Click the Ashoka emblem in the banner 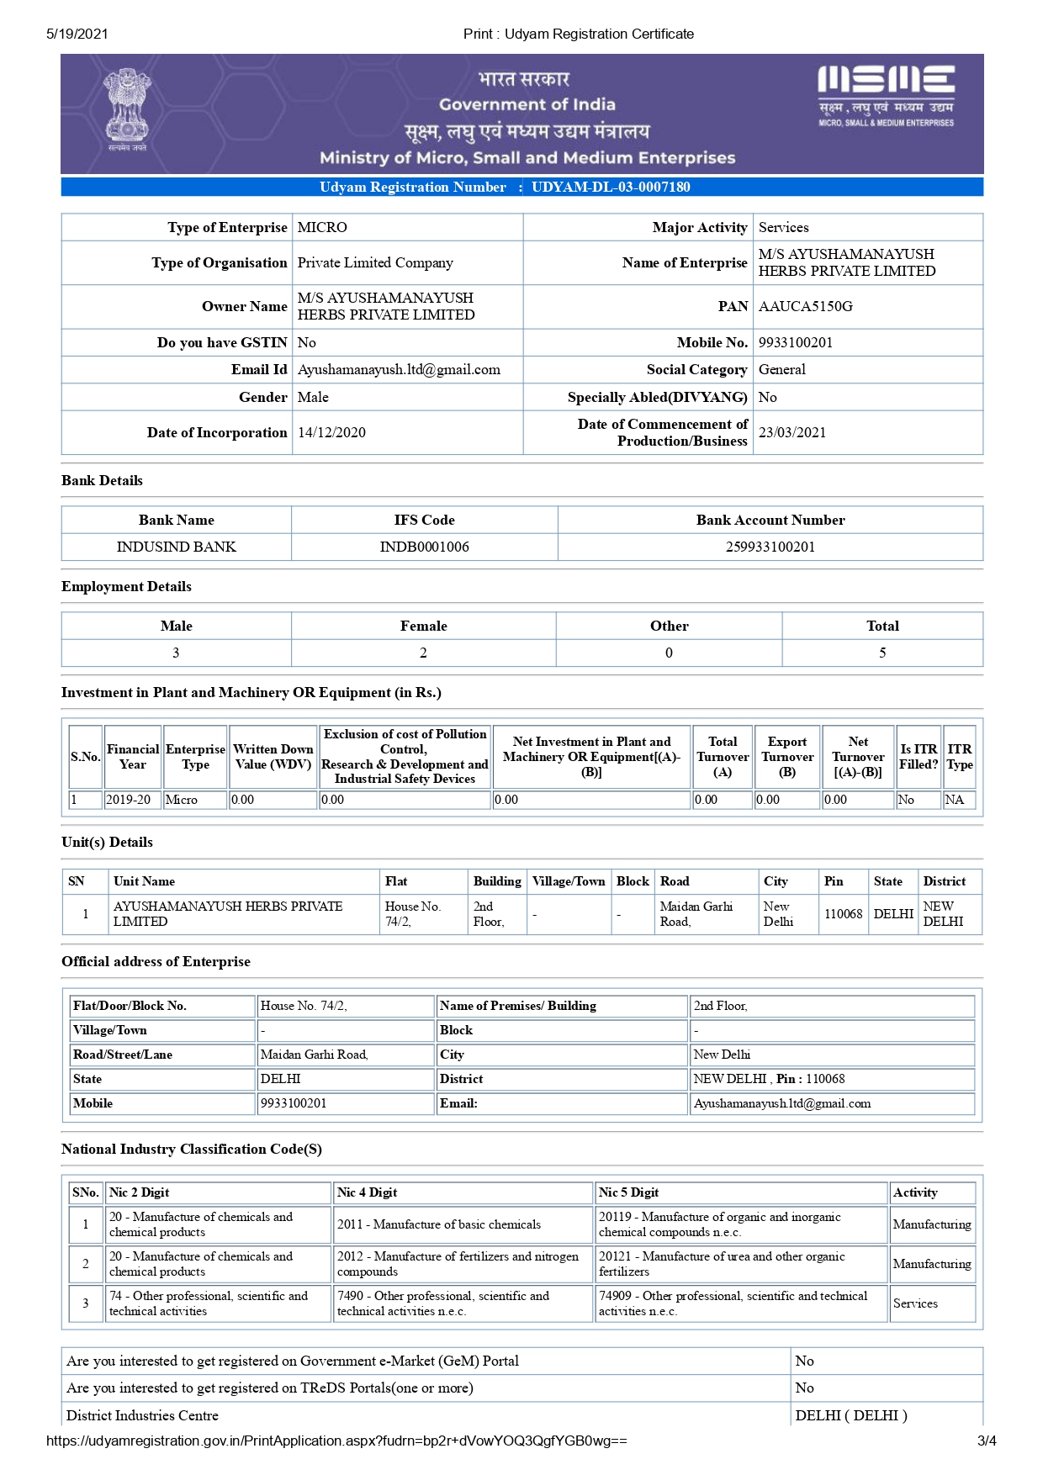coord(128,109)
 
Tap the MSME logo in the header coord(886,95)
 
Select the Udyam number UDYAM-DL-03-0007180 coord(611,187)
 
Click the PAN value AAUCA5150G coord(805,306)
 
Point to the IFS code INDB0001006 coord(424,547)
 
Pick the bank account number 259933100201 coord(770,547)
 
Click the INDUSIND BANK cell coord(176,547)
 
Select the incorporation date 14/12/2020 coord(331,432)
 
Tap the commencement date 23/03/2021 coord(792,432)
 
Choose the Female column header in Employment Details coord(423,626)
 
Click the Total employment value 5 coord(882,653)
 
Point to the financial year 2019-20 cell coord(128,800)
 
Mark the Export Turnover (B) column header coord(786,757)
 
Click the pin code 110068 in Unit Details coord(843,914)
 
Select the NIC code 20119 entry coord(719,1224)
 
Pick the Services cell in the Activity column coord(915,1303)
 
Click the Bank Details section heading coord(102,480)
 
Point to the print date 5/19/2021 coord(77,34)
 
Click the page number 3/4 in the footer coord(986,1441)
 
